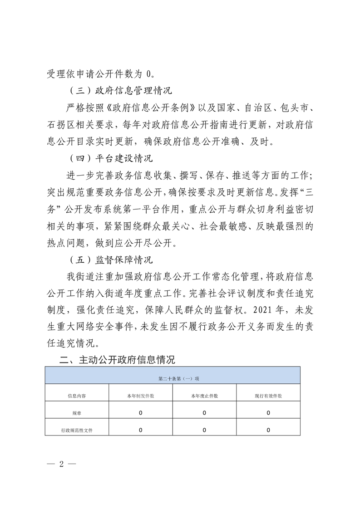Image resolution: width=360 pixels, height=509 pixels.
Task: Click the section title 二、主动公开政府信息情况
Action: pyautogui.click(x=118, y=360)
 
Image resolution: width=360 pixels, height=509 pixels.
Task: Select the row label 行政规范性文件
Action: pyautogui.click(x=77, y=430)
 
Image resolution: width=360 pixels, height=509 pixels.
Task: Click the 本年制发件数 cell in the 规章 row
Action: pyautogui.click(x=141, y=413)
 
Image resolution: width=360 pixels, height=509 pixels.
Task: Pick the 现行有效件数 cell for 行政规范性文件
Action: pyautogui.click(x=268, y=430)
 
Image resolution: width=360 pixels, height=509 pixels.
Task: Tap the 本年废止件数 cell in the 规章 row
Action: pyautogui.click(x=204, y=413)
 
